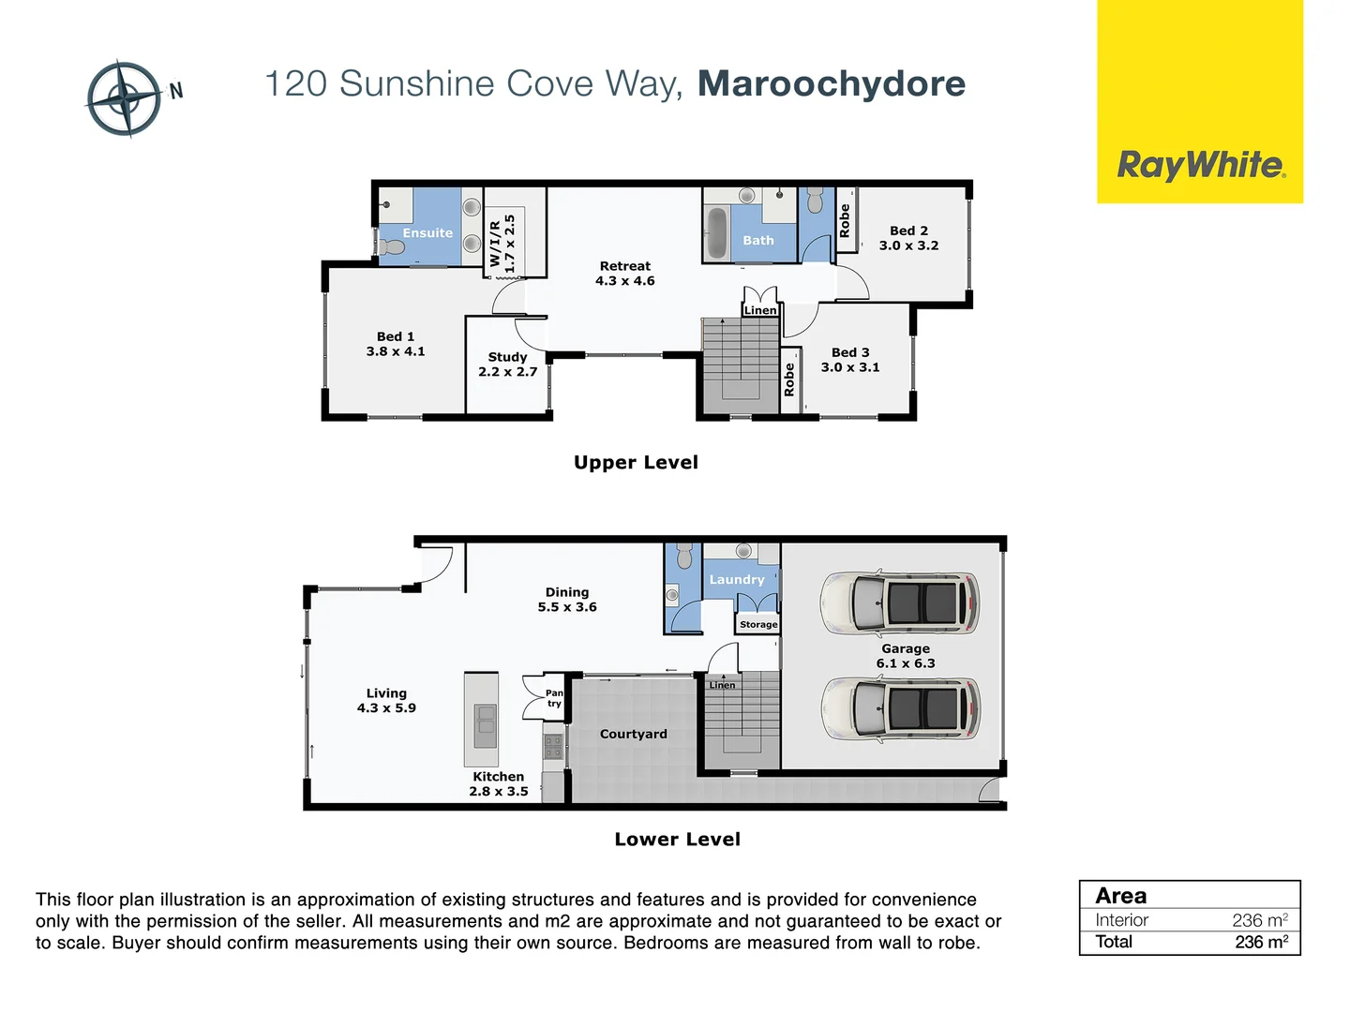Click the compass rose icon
124,98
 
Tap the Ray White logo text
1201,166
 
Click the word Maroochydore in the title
832,83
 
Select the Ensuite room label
427,233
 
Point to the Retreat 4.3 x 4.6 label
625,274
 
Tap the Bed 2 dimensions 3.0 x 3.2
908,246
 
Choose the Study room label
507,357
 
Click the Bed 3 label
850,352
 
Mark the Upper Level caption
636,462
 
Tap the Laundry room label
737,580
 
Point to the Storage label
758,624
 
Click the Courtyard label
634,735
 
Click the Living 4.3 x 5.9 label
386,701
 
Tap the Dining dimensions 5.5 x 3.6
567,607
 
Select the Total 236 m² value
1261,942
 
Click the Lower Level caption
677,840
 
